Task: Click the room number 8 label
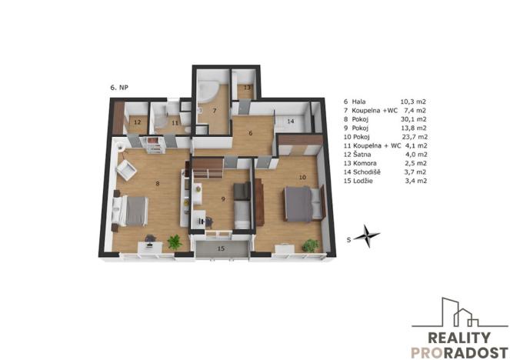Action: [x=157, y=182]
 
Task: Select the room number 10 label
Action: [x=302, y=177]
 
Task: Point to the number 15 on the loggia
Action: [x=221, y=248]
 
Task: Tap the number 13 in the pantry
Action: [x=246, y=88]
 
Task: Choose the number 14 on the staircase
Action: [x=291, y=121]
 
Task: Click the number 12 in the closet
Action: [x=136, y=122]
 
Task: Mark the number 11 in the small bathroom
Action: [x=175, y=122]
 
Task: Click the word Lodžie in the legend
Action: [x=371, y=182]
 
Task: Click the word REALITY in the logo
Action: [x=454, y=337]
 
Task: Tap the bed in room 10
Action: [x=297, y=203]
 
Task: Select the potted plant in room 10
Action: [x=311, y=245]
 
